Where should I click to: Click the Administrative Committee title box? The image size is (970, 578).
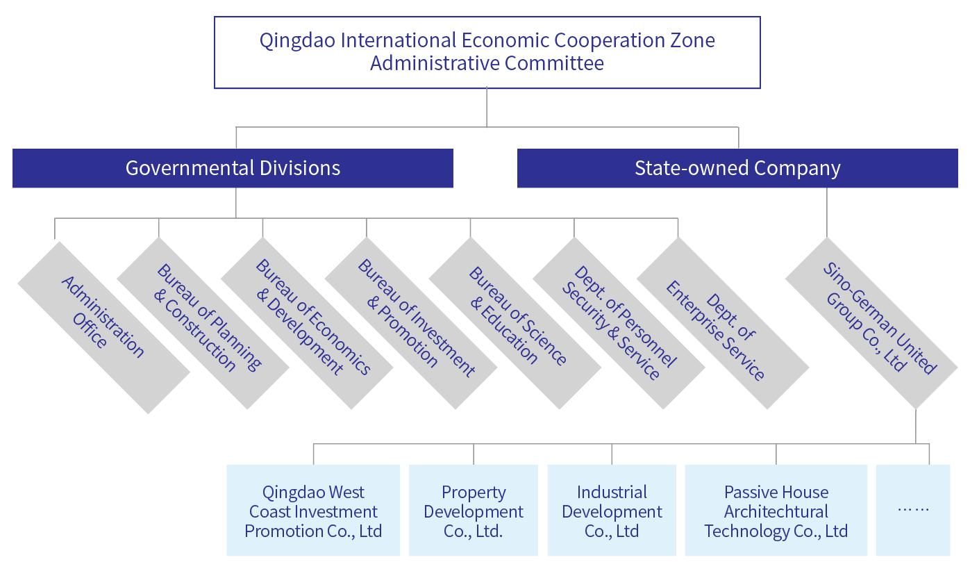coord(487,52)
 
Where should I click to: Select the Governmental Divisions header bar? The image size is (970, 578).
coord(233,168)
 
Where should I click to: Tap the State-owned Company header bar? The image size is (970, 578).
coord(737,168)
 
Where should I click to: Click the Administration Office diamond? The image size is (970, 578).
coord(103,327)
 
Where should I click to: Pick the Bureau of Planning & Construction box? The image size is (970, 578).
coord(203,323)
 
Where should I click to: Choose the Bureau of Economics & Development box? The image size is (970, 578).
coord(307,323)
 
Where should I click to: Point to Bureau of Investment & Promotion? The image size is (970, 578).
coord(411,323)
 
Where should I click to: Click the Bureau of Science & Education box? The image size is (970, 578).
coord(515,323)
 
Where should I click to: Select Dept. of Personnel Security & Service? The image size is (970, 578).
coord(619,323)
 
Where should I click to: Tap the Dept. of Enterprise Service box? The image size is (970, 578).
coord(723,323)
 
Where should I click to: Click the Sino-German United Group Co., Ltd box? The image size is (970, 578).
coord(871,323)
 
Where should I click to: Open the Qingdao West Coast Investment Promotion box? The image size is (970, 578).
coord(313,511)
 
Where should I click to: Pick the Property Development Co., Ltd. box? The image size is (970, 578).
coord(474,511)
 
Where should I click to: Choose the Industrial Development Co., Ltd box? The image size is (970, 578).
coord(612,511)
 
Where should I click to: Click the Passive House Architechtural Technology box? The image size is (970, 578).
coord(776,511)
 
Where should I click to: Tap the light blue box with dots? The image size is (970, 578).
coord(913,511)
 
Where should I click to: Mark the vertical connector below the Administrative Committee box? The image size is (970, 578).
coord(487,108)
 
